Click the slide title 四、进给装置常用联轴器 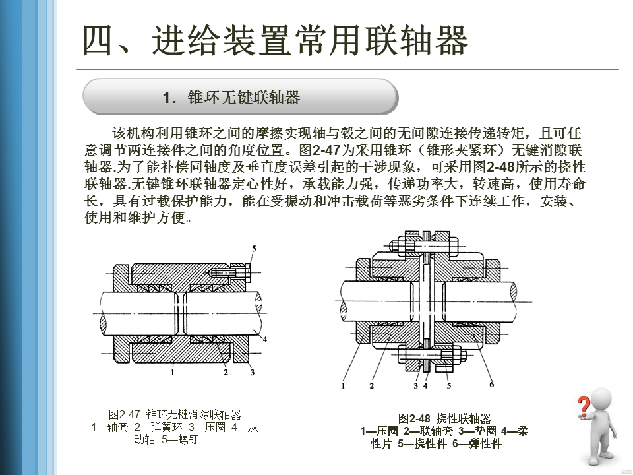275,41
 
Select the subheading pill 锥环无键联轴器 240,98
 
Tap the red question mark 583,404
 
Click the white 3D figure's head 601,399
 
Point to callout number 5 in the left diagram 254,247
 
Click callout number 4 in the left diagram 264,340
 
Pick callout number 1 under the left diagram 172,373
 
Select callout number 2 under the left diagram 226,373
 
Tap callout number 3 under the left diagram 252,373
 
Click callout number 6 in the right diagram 491,384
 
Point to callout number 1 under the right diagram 344,385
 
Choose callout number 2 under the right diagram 372,385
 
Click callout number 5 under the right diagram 449,385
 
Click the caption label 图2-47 125,414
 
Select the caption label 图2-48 414,418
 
